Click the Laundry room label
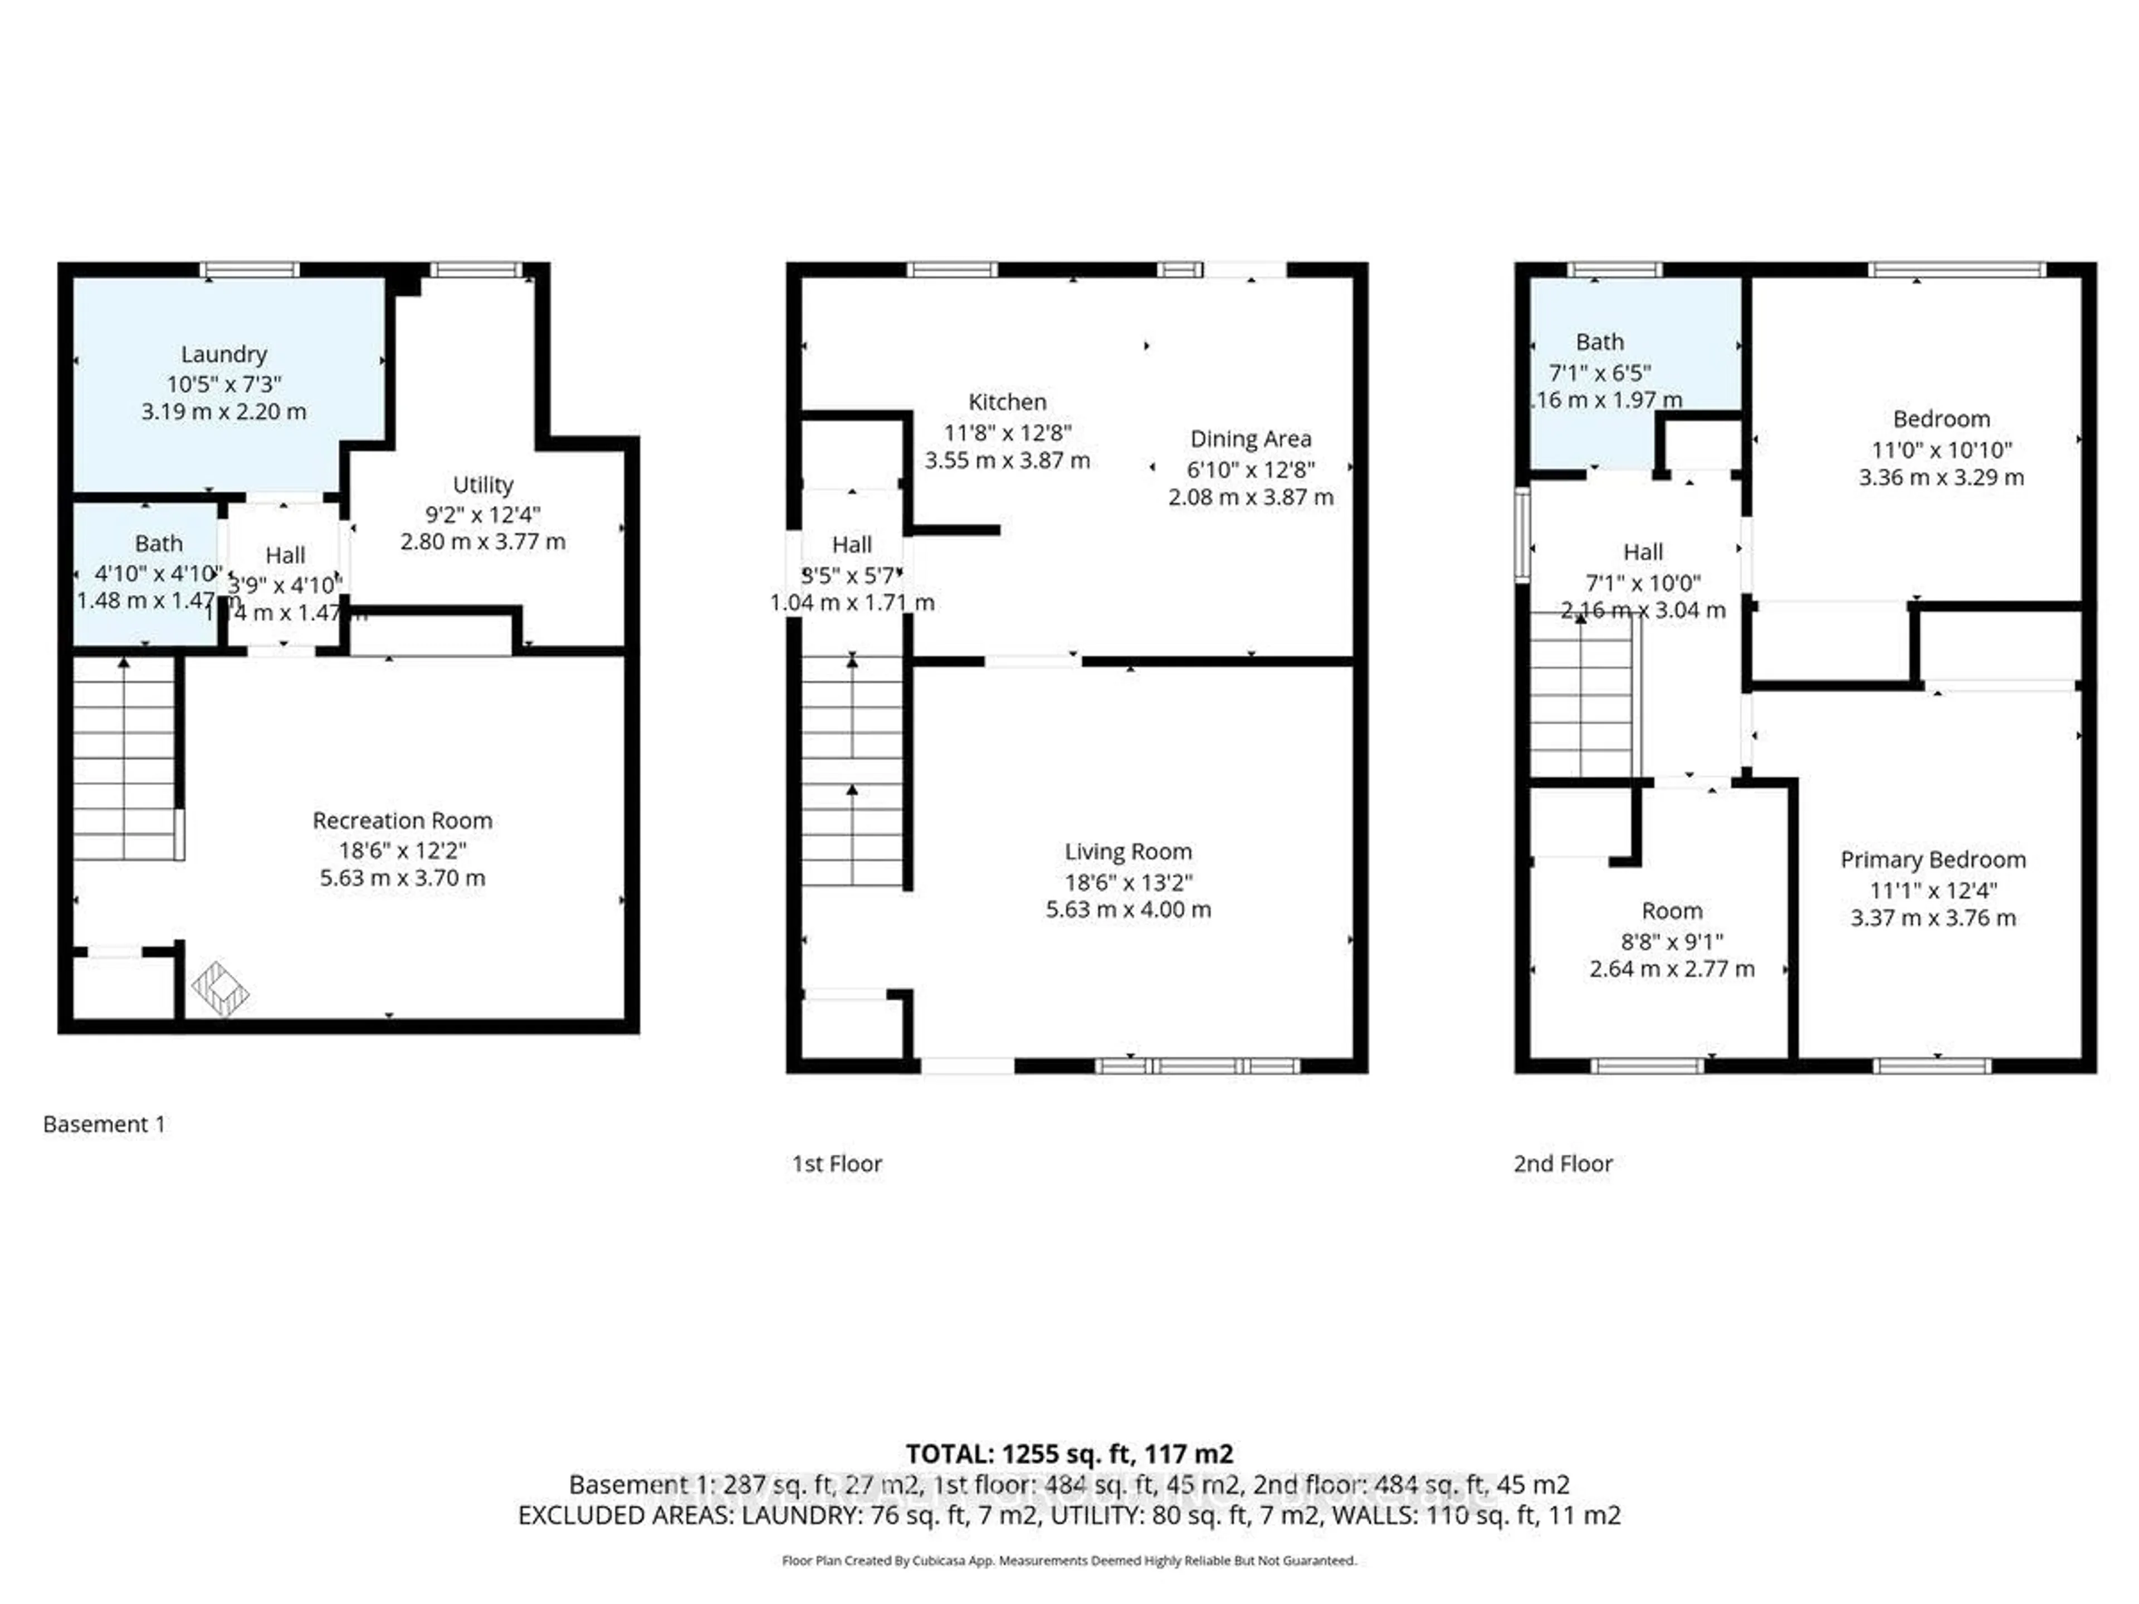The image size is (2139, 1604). [223, 355]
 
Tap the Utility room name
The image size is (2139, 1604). [482, 485]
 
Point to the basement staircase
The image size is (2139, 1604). [124, 759]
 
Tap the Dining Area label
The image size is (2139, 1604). [1251, 439]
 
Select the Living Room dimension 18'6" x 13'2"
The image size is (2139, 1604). [1127, 882]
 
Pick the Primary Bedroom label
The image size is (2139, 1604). [1932, 859]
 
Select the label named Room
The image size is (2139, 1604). [1671, 911]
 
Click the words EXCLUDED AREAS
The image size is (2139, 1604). [626, 1515]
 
